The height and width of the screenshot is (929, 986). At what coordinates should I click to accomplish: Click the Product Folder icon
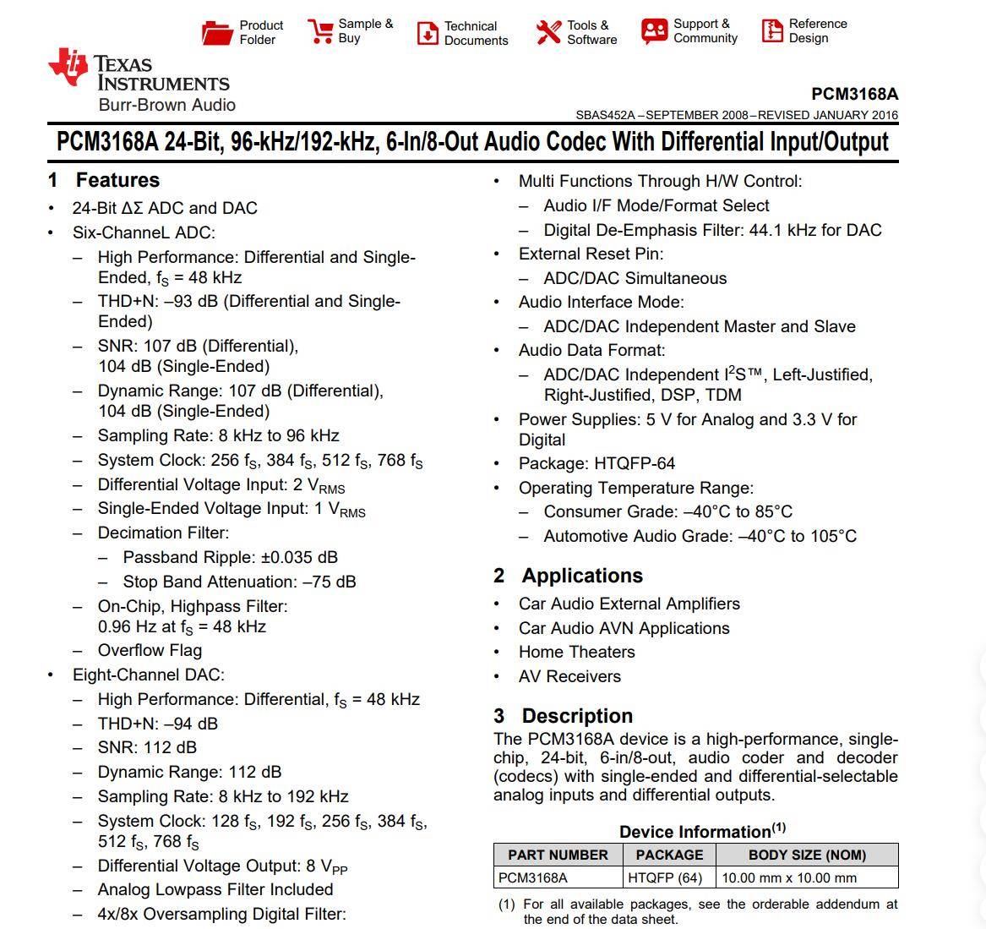click(217, 33)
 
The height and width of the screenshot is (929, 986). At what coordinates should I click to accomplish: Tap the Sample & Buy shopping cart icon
click(320, 31)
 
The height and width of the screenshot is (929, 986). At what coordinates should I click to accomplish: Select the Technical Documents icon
click(428, 33)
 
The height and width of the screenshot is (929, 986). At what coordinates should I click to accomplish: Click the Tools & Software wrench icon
click(548, 32)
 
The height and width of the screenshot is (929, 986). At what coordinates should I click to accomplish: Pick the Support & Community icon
click(654, 31)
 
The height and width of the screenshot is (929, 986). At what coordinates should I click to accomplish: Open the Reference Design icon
click(772, 31)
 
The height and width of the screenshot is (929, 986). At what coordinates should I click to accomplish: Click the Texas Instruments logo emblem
click(68, 67)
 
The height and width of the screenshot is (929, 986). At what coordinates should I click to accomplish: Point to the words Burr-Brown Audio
click(166, 105)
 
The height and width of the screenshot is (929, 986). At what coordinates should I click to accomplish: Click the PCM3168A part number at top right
click(854, 94)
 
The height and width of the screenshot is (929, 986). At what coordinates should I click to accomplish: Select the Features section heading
click(117, 180)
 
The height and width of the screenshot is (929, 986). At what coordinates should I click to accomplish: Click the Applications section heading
click(581, 576)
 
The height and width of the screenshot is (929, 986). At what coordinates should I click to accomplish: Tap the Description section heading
click(576, 716)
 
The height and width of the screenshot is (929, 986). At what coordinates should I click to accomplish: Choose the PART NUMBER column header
click(558, 855)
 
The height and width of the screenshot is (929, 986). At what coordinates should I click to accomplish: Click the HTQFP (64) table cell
click(665, 877)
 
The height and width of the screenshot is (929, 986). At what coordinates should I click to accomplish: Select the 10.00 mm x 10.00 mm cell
click(788, 877)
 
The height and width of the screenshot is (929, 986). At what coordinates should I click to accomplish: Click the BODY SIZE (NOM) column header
click(807, 855)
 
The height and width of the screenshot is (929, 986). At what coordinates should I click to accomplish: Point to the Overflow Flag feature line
click(150, 650)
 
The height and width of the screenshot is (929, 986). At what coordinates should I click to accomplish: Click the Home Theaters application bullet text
click(576, 652)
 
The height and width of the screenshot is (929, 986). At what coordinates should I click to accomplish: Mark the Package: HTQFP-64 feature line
click(597, 463)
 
